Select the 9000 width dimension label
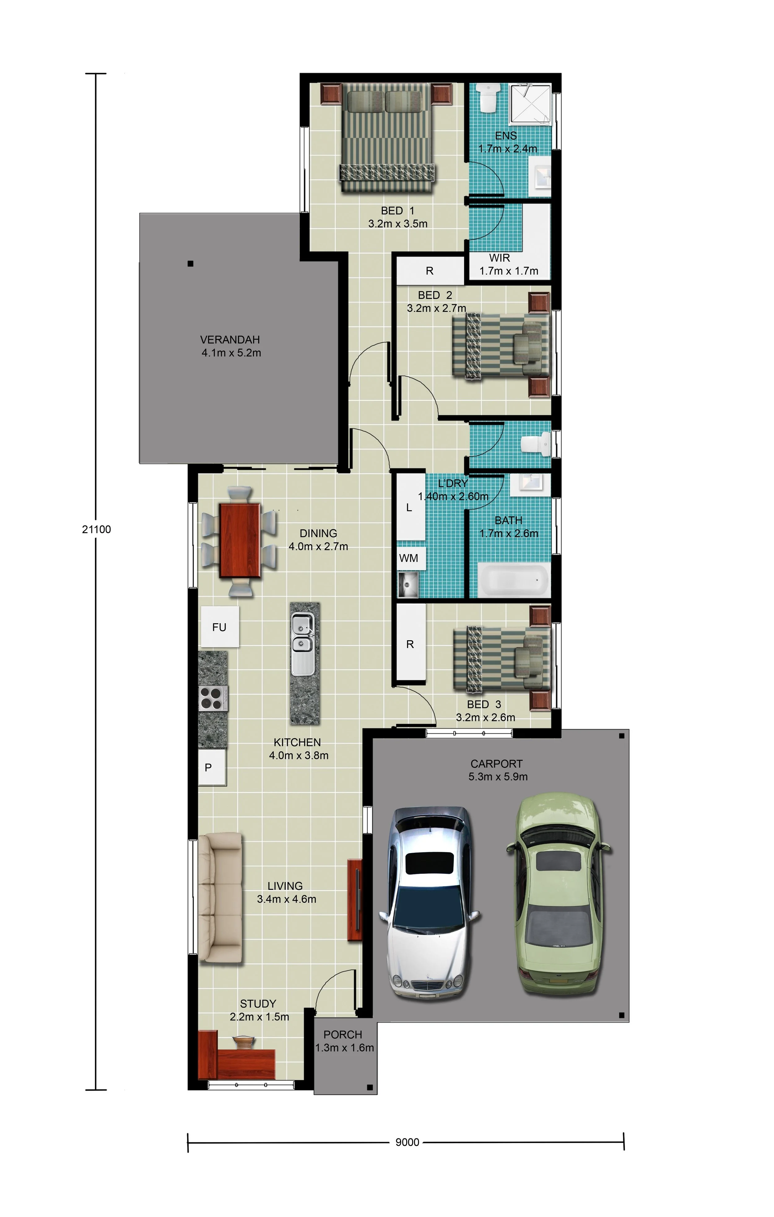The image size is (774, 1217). [x=407, y=1142]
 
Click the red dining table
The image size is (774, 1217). [x=240, y=540]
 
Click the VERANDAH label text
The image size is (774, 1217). [x=230, y=339]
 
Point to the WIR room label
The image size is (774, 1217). [x=499, y=258]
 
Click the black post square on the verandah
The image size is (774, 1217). [x=190, y=263]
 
